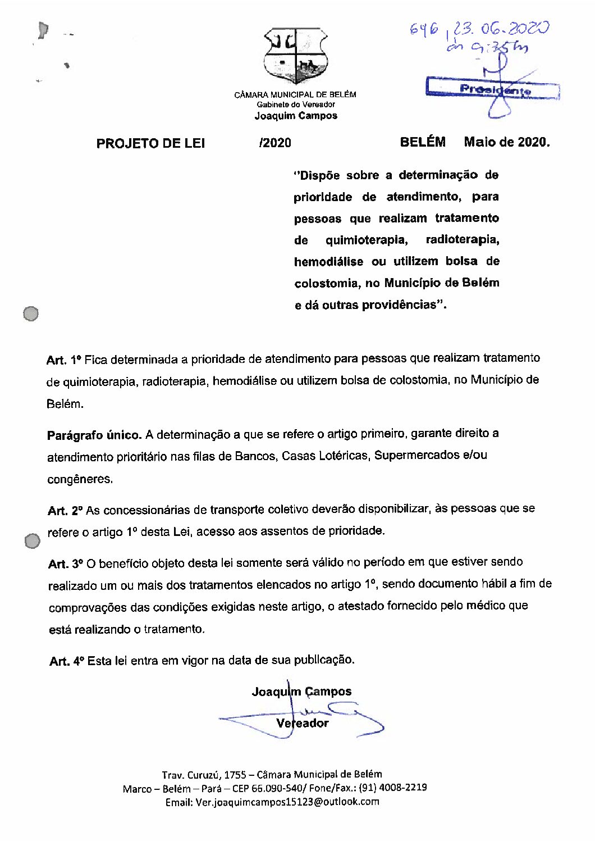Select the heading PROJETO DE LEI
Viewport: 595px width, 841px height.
point(150,143)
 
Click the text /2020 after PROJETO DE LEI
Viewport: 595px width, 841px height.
point(275,143)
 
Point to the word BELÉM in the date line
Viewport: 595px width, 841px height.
point(423,142)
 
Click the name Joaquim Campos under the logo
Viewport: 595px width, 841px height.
point(296,116)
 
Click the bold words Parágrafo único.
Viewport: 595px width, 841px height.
point(94,435)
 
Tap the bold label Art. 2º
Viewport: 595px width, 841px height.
point(65,511)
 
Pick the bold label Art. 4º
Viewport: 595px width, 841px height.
point(67,661)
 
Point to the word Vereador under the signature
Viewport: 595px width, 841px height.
point(302,723)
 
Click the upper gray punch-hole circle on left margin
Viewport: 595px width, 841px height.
point(31,313)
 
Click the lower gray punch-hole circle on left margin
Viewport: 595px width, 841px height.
point(33,541)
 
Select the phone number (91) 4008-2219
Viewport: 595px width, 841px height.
point(392,788)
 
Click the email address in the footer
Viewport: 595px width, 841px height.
point(287,802)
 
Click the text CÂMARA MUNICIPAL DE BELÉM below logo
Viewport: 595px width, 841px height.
point(295,94)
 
